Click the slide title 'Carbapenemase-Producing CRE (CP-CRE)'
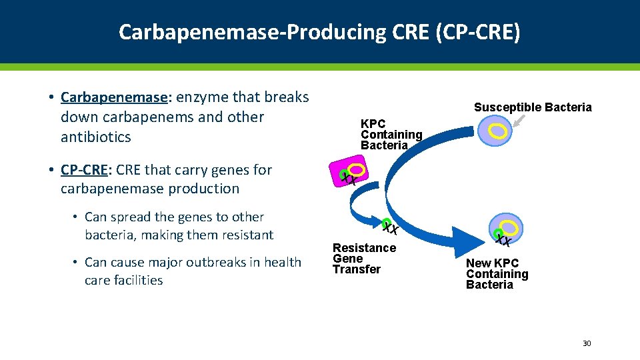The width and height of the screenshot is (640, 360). [319, 31]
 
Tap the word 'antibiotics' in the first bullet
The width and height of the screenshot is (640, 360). [95, 137]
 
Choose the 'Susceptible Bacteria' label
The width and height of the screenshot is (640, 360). [532, 107]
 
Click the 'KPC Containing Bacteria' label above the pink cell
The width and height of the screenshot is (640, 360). [391, 135]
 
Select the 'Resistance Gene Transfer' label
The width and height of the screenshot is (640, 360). [364, 259]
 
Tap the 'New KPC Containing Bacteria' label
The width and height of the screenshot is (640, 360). [497, 274]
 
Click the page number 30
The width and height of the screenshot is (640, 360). [587, 343]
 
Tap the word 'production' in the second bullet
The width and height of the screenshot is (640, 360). [206, 189]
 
